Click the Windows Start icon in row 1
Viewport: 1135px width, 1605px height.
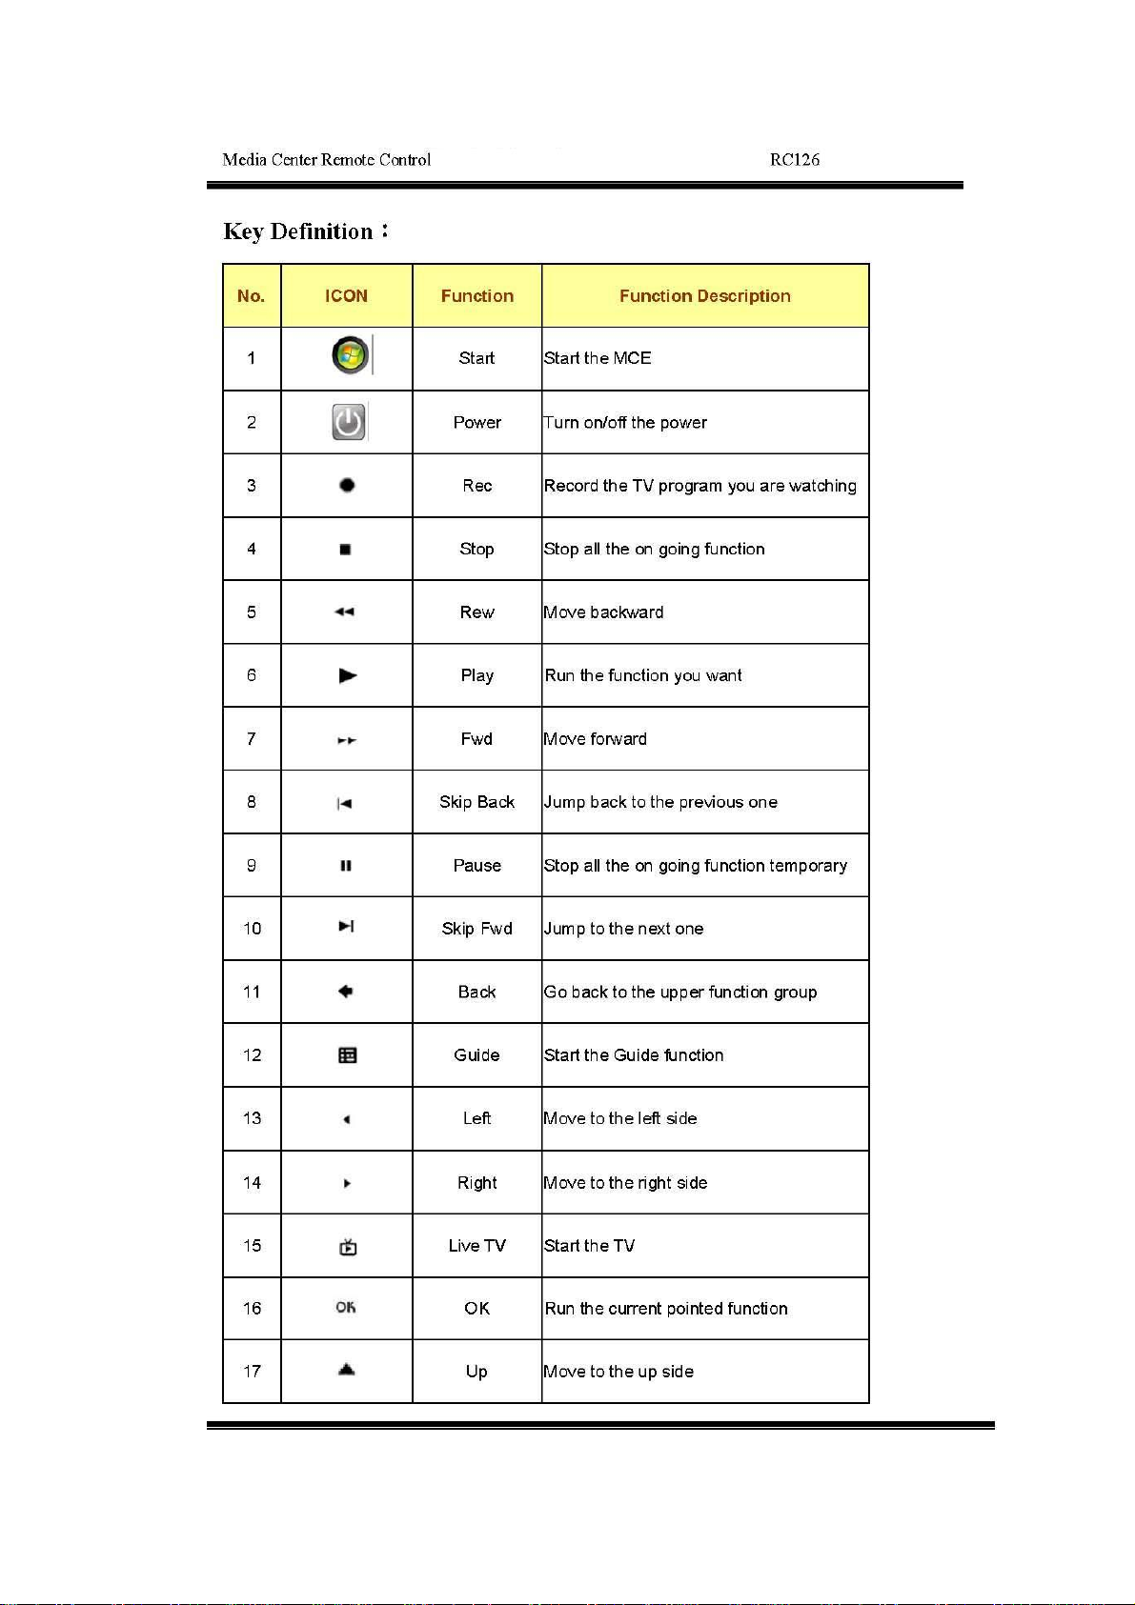point(350,356)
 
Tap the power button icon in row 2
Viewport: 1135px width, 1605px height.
point(349,422)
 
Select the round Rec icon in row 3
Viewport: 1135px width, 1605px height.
point(347,485)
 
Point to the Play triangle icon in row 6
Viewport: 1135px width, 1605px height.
point(348,675)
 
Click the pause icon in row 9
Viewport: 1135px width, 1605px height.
point(346,866)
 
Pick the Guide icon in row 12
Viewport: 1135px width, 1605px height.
point(348,1055)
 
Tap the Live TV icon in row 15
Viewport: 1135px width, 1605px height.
point(348,1247)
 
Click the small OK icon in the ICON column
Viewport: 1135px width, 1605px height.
point(346,1308)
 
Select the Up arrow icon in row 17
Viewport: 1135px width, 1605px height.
point(347,1370)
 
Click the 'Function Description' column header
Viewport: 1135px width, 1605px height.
point(704,296)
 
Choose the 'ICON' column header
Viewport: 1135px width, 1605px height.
point(346,296)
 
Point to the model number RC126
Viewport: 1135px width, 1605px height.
point(795,160)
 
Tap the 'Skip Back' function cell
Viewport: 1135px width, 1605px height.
point(476,802)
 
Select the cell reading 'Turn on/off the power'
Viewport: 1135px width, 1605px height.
point(625,423)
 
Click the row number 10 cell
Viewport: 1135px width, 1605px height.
point(252,929)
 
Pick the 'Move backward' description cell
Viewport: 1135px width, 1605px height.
point(603,612)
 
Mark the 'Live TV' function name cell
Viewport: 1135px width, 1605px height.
point(476,1246)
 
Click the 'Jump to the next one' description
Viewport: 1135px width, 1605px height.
point(623,929)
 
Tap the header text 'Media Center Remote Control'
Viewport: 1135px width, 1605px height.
point(326,160)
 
